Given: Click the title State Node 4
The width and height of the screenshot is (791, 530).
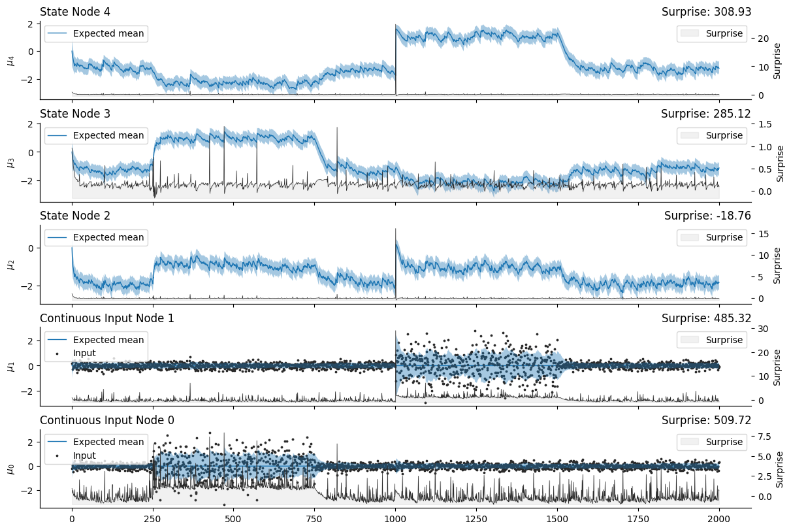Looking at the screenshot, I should [x=75, y=11].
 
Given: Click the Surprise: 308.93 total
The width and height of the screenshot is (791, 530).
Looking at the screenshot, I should [x=706, y=11].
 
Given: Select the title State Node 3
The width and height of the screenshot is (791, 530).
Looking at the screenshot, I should [x=75, y=114].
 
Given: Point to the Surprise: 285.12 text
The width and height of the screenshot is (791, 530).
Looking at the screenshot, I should [x=706, y=114].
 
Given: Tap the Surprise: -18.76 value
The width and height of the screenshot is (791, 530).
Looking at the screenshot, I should [x=707, y=216].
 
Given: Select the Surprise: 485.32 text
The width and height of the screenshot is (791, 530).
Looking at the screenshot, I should [x=706, y=318].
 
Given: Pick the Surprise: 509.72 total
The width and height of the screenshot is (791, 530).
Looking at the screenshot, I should [x=706, y=420].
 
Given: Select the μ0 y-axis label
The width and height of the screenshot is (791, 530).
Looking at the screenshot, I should [x=9, y=469].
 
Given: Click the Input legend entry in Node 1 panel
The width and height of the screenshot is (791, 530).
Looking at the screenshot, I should [x=84, y=353].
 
